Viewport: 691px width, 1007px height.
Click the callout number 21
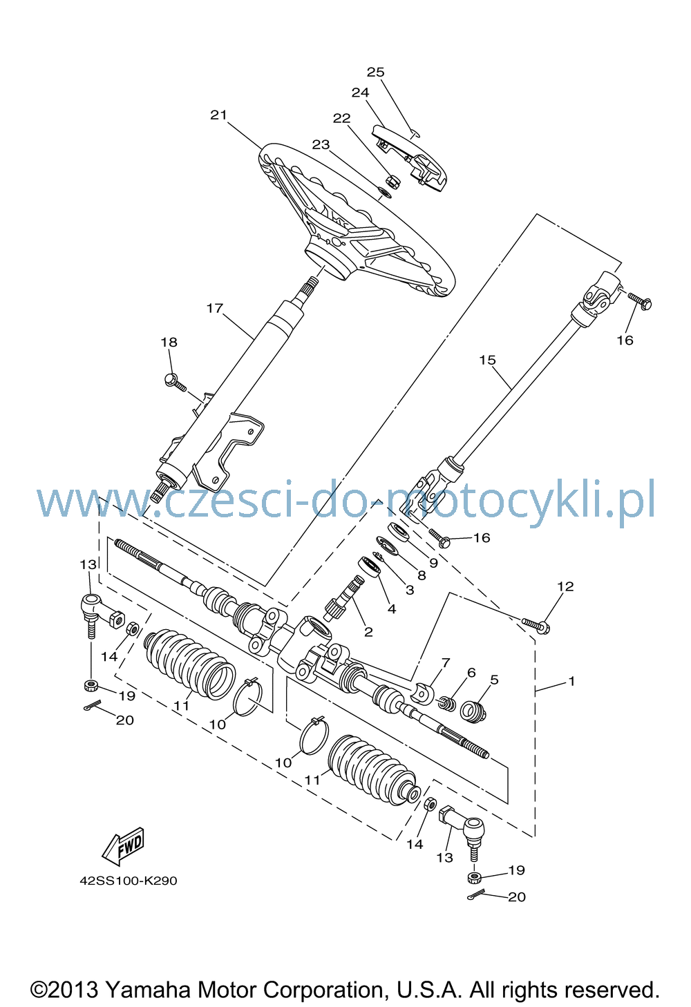click(x=218, y=115)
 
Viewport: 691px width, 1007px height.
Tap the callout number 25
click(x=376, y=72)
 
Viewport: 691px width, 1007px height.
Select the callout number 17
click(x=215, y=309)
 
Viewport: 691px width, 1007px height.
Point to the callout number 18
click(x=169, y=342)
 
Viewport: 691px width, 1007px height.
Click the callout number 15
click(x=488, y=360)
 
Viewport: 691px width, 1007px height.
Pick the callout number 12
click(x=565, y=586)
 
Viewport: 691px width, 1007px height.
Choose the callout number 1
click(x=571, y=682)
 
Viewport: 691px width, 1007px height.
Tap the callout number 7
click(x=446, y=662)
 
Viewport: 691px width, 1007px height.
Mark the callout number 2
click(x=368, y=632)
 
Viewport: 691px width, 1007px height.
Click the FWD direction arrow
click(x=123, y=847)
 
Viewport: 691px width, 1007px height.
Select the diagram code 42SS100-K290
click(x=129, y=880)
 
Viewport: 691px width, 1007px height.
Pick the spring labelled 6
click(x=446, y=702)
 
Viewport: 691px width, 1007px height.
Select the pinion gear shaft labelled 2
click(x=343, y=598)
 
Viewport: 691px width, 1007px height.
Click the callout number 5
click(x=494, y=680)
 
